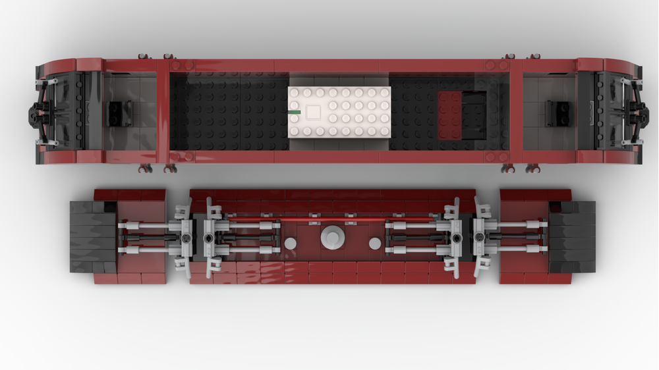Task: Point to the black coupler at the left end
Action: (x=34, y=113)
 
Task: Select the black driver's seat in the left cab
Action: (x=120, y=113)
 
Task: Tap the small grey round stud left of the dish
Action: (x=290, y=244)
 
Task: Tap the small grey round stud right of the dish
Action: (x=374, y=244)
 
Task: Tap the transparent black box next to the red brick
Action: (x=474, y=115)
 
